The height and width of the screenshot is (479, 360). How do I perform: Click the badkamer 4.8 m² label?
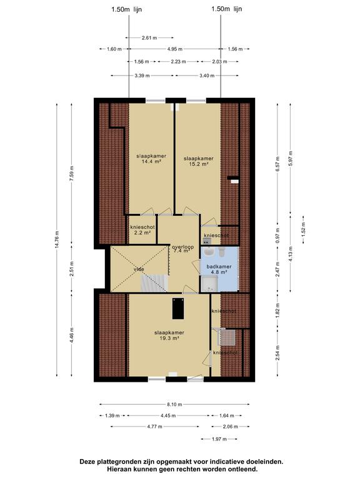219,269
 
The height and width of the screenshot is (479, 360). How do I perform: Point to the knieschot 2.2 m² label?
142,230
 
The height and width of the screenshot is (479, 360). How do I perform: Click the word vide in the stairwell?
139,269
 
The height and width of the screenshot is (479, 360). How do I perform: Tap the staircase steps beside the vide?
154,283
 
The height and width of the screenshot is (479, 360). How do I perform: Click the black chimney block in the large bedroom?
178,309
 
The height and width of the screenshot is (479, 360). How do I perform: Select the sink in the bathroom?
209,252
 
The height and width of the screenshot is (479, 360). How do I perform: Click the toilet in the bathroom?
222,251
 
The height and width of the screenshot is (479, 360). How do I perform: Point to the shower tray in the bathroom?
209,284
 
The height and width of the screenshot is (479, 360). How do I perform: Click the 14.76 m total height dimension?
57,240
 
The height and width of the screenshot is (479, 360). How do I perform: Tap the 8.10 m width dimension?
174,404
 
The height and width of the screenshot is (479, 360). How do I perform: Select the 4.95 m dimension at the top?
175,49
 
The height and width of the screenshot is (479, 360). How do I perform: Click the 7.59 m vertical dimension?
72,173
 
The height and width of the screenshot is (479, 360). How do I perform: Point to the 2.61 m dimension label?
149,38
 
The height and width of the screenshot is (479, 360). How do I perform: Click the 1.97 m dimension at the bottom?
219,439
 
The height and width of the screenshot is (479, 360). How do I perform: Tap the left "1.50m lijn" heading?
126,9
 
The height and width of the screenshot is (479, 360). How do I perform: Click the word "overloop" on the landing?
183,247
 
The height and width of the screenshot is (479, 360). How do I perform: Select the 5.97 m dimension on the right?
291,158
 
